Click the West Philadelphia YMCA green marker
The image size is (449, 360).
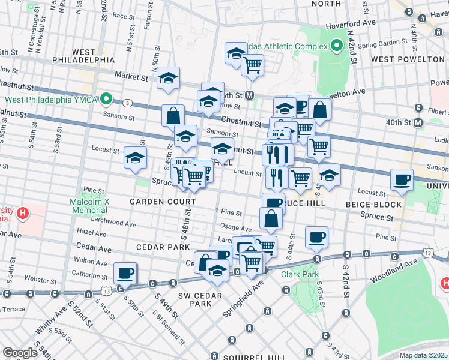pos(106,99)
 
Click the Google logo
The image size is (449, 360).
pos(20,353)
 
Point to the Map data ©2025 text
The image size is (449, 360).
pos(423,355)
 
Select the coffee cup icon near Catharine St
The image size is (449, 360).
pos(125,273)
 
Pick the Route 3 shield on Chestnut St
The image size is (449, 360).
pos(128,103)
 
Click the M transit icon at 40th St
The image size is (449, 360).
pos(418,122)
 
